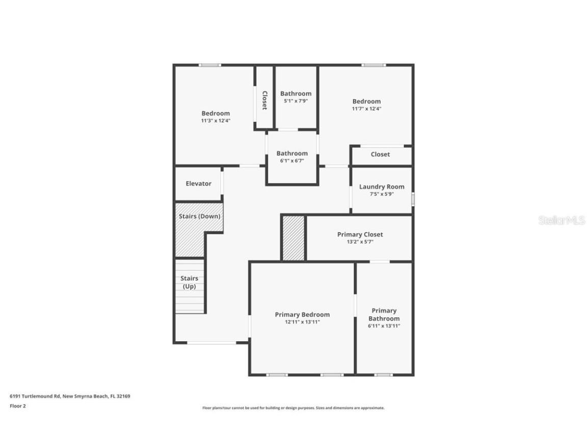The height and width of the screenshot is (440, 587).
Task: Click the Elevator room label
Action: click(198, 183)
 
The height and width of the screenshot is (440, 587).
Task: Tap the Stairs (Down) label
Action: click(199, 216)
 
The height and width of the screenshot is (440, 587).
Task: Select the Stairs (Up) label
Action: click(189, 282)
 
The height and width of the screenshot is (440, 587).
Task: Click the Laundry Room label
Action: click(381, 186)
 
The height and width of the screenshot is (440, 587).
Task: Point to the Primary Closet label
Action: click(360, 234)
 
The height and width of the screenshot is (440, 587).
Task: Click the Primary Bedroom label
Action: click(302, 314)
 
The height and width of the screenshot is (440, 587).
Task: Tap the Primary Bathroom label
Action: click(384, 314)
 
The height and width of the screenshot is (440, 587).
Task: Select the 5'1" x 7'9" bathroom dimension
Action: click(296, 101)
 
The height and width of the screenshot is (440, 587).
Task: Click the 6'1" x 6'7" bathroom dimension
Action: click(292, 160)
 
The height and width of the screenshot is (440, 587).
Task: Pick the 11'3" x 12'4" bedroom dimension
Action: click(216, 121)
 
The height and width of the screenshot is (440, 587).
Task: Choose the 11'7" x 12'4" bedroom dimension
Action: click(366, 108)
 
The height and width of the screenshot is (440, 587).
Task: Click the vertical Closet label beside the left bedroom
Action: click(264, 100)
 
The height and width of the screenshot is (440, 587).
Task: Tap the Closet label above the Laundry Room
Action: click(380, 154)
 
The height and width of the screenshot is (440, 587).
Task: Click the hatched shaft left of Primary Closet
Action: click(293, 238)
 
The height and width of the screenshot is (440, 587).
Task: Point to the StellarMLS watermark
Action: click(561, 220)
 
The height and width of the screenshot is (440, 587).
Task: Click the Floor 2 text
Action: click(17, 406)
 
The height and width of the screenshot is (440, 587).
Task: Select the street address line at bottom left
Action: click(70, 396)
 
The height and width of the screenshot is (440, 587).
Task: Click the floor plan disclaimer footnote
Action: click(293, 408)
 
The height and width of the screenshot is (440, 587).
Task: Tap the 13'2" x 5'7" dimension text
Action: click(360, 242)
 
